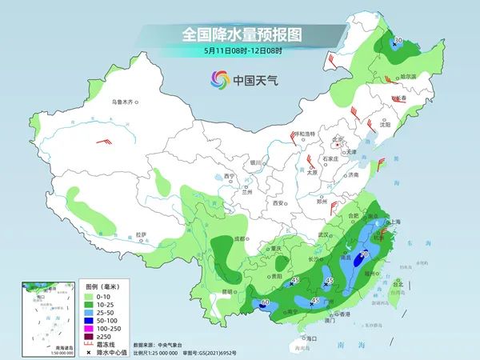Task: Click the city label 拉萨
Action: (x=142, y=234)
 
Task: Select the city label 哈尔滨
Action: (x=408, y=76)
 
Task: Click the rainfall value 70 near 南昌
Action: (x=365, y=254)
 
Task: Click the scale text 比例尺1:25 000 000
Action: (x=160, y=352)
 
